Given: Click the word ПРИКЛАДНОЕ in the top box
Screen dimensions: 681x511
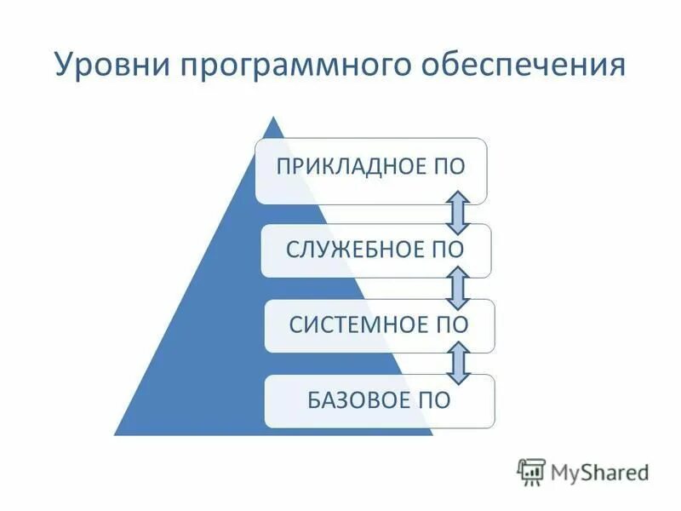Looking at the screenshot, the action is click(x=347, y=165).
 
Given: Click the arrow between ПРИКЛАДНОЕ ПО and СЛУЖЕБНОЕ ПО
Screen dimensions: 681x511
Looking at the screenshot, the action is click(x=458, y=213).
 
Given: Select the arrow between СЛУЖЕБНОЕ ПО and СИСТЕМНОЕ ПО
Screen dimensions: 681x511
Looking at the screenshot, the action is click(x=458, y=288).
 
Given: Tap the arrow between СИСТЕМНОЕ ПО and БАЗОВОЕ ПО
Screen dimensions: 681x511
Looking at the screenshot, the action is click(x=458, y=363).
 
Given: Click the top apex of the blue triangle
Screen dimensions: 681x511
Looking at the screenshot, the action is click(x=272, y=118).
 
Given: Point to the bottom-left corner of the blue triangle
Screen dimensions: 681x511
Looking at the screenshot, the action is click(x=117, y=433).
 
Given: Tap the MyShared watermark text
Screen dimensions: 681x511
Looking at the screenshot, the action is click(x=599, y=471).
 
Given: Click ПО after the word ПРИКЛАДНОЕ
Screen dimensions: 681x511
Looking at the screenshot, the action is click(x=448, y=165).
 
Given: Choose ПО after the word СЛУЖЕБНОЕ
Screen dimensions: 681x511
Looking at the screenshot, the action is click(x=448, y=250).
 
